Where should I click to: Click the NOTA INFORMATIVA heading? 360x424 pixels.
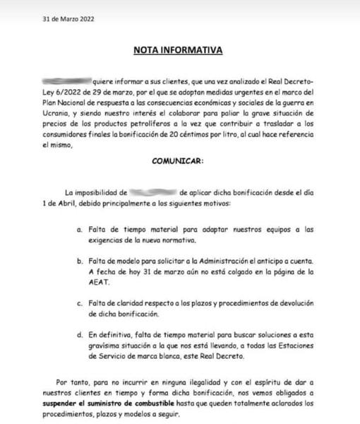[178, 51]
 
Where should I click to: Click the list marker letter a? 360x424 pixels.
[79, 230]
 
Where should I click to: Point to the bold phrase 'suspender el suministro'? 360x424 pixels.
[79, 404]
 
